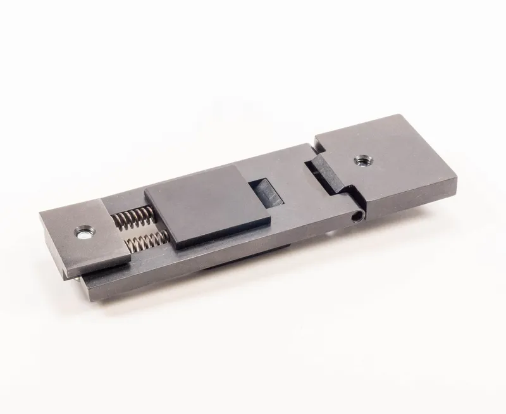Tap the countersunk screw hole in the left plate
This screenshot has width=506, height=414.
pyautogui.click(x=83, y=234)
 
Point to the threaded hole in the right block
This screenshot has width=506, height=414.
pyautogui.click(x=362, y=160)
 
